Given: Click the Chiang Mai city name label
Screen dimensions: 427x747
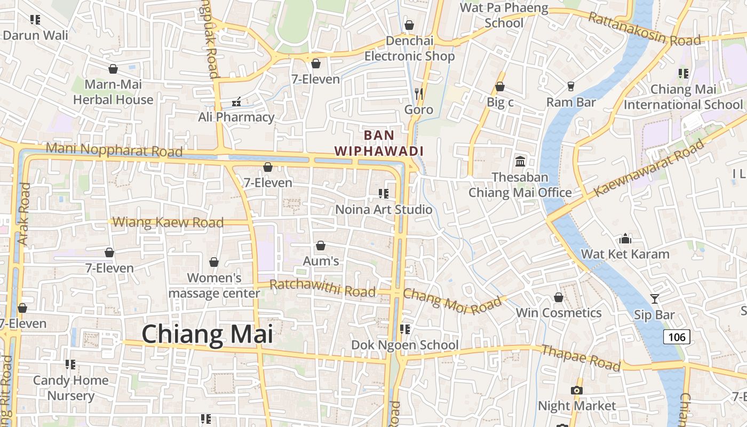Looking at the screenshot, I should coord(207,335).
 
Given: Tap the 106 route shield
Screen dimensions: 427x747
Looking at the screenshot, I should coord(677,337).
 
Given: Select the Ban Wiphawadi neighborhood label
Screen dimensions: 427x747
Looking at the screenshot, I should coord(379,143).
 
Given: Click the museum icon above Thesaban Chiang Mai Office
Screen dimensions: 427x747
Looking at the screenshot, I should coord(520,161).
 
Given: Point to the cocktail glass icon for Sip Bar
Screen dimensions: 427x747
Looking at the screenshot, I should coord(655,299).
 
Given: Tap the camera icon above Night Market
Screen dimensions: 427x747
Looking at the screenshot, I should coord(576,390).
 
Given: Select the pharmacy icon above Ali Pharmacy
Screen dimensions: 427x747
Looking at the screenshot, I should coord(236,101).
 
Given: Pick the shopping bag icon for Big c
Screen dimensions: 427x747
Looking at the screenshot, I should coord(500,86).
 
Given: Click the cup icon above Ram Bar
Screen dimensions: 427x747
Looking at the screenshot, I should coord(571,86).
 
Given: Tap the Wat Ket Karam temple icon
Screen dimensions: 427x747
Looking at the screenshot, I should coord(625,239).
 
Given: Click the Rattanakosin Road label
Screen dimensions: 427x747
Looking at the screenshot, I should coord(644,29).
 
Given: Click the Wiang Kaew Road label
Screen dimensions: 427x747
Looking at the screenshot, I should coord(168,222).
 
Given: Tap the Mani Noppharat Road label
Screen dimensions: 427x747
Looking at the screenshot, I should coord(114,150).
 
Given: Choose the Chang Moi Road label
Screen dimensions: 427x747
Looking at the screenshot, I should coord(452,301).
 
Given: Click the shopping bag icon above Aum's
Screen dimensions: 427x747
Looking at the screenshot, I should coord(321,246).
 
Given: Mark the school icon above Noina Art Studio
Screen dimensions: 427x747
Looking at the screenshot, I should coord(383,193).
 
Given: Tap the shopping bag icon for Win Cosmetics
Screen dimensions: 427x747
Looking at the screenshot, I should coord(559,297).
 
